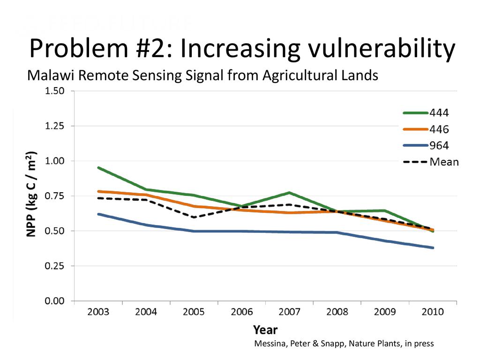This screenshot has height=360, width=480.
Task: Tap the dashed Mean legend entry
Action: [430, 162]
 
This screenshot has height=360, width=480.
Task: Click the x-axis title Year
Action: [265, 330]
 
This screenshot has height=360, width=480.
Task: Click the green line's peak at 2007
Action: [290, 193]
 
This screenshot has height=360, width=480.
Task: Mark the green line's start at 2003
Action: [98, 167]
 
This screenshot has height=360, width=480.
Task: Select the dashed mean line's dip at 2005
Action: [194, 217]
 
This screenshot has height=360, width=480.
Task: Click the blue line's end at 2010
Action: [432, 247]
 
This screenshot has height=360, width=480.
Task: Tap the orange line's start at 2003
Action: [98, 191]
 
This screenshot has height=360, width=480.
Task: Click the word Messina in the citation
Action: [269, 344]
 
